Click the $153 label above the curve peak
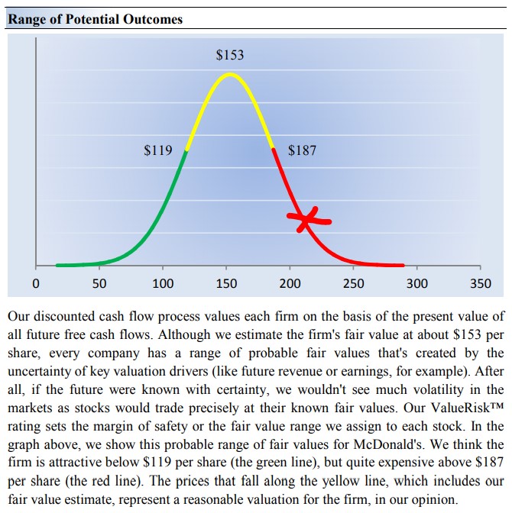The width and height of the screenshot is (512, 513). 230,55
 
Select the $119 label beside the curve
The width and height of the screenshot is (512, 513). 158,150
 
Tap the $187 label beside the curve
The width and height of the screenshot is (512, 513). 302,150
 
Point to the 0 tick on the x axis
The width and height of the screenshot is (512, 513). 35,284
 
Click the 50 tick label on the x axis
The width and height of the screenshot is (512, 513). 99,284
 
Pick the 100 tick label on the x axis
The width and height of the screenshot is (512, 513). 163,284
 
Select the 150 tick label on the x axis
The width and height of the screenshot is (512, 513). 226,284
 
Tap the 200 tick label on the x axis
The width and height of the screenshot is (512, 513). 290,284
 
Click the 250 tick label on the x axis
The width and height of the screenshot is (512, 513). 353,284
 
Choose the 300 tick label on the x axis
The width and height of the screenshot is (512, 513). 416,284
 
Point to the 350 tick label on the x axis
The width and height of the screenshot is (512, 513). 480,284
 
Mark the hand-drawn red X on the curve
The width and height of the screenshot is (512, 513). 307,220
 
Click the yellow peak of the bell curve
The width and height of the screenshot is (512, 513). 229,75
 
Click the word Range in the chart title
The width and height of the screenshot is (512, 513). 27,19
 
